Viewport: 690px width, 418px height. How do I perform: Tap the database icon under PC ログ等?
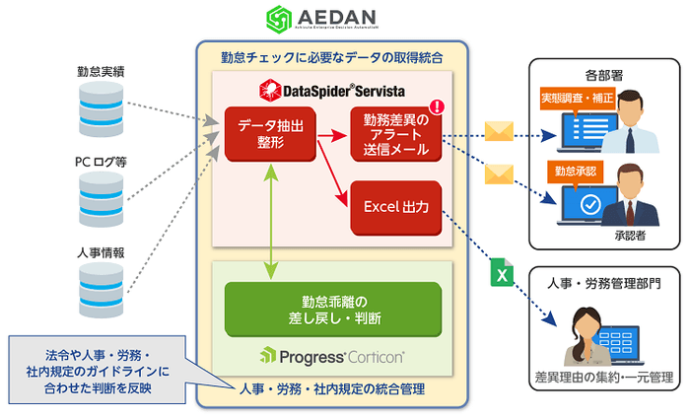click(101, 197)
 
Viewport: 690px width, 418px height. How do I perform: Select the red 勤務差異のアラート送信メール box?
click(394, 134)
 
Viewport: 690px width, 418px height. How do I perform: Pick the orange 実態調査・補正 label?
click(576, 99)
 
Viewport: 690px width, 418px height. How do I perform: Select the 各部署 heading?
click(601, 74)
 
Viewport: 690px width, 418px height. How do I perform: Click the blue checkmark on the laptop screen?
click(590, 204)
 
